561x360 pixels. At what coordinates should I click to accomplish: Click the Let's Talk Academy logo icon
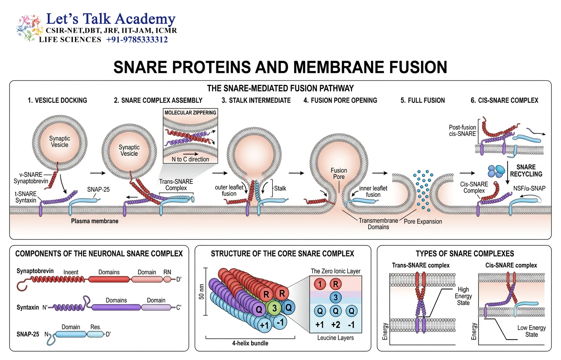pyautogui.click(x=29, y=28)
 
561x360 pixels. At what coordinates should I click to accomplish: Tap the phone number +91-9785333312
pyautogui.click(x=137, y=39)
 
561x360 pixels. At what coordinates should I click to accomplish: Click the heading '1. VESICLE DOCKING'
pyautogui.click(x=57, y=100)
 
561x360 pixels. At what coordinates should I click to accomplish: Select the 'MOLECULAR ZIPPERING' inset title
pyautogui.click(x=190, y=112)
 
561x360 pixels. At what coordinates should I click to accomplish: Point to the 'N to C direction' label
pyautogui.click(x=190, y=159)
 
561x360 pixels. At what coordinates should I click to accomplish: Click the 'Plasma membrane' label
pyautogui.click(x=95, y=221)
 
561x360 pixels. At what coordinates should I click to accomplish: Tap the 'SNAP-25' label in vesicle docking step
pyautogui.click(x=98, y=189)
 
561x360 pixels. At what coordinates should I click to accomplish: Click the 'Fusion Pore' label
pyautogui.click(x=339, y=173)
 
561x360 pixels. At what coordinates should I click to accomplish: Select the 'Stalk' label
pyautogui.click(x=280, y=189)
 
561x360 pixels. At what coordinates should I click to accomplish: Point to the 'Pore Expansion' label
pyautogui.click(x=423, y=221)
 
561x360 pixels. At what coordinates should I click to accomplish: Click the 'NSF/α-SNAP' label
pyautogui.click(x=530, y=189)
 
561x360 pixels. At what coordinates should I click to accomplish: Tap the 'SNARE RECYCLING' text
pyautogui.click(x=526, y=171)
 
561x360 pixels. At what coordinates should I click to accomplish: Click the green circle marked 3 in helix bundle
pyautogui.click(x=275, y=308)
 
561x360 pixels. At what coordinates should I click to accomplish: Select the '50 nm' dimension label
pyautogui.click(x=202, y=292)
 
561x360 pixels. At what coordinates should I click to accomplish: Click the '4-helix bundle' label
pyautogui.click(x=250, y=343)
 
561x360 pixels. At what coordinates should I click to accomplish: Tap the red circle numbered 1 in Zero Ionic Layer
pyautogui.click(x=320, y=284)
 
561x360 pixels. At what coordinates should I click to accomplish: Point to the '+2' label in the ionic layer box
pyautogui.click(x=335, y=325)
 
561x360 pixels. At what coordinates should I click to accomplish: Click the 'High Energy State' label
pyautogui.click(x=463, y=296)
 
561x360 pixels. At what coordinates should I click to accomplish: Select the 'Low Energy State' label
pyautogui.click(x=532, y=331)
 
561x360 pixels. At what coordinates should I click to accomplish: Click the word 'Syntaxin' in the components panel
pyautogui.click(x=28, y=307)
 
